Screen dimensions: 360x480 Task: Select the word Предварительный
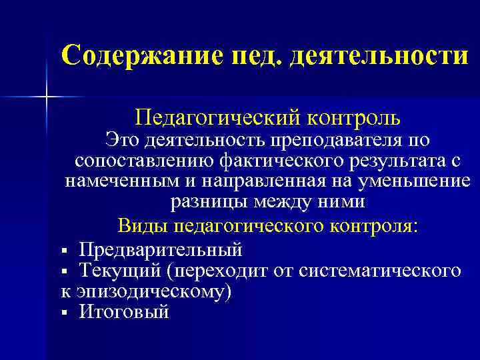click(160, 251)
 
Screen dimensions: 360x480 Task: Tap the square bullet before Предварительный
click(64, 251)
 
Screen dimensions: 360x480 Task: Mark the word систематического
click(380, 271)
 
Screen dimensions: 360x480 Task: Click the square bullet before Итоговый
click(64, 312)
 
